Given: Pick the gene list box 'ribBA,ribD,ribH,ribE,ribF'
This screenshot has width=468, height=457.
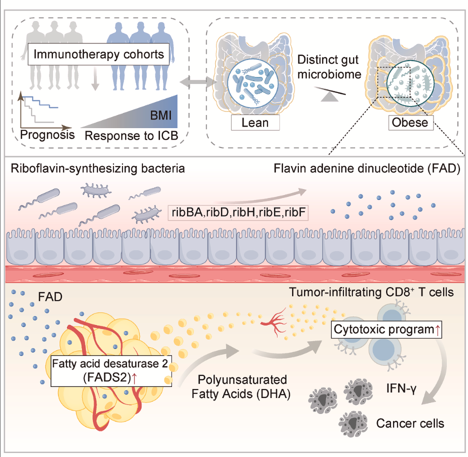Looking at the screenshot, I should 238,213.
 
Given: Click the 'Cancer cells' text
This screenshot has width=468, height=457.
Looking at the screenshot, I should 410,423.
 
